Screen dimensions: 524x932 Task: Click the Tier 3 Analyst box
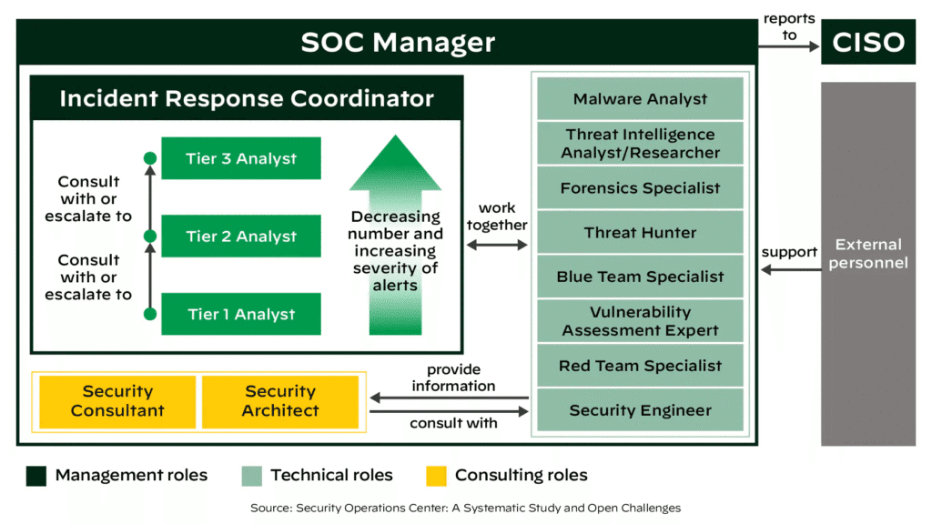[240, 158]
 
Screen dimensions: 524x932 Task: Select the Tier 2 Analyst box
[240, 237]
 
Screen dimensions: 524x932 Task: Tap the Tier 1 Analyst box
[240, 315]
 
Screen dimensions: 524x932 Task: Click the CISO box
[867, 42]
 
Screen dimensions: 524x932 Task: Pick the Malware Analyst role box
[640, 99]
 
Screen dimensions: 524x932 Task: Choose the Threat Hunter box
[640, 233]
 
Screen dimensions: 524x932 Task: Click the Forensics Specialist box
[640, 188]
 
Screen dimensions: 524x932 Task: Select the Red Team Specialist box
[640, 366]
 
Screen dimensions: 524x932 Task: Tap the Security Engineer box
[640, 410]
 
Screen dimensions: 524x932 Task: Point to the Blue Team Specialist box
[640, 277]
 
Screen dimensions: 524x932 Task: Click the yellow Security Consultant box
[117, 401]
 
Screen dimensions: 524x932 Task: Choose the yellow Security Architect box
[280, 401]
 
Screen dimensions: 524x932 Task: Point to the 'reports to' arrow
[788, 45]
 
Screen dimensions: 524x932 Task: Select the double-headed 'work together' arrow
[497, 245]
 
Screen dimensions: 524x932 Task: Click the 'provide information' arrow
[450, 398]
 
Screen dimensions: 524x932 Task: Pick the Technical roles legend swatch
[251, 476]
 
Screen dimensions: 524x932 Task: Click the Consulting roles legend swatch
[436, 476]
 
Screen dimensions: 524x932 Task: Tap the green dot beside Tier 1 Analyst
[150, 315]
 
